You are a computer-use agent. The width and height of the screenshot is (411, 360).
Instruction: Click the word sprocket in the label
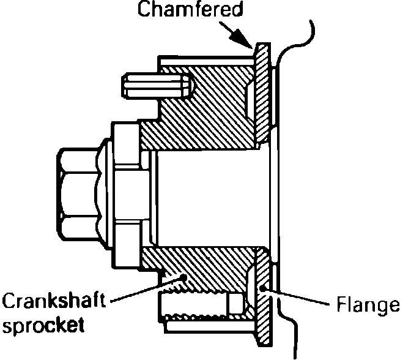(x=43, y=324)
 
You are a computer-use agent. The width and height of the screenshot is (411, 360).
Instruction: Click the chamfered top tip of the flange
(x=260, y=47)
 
